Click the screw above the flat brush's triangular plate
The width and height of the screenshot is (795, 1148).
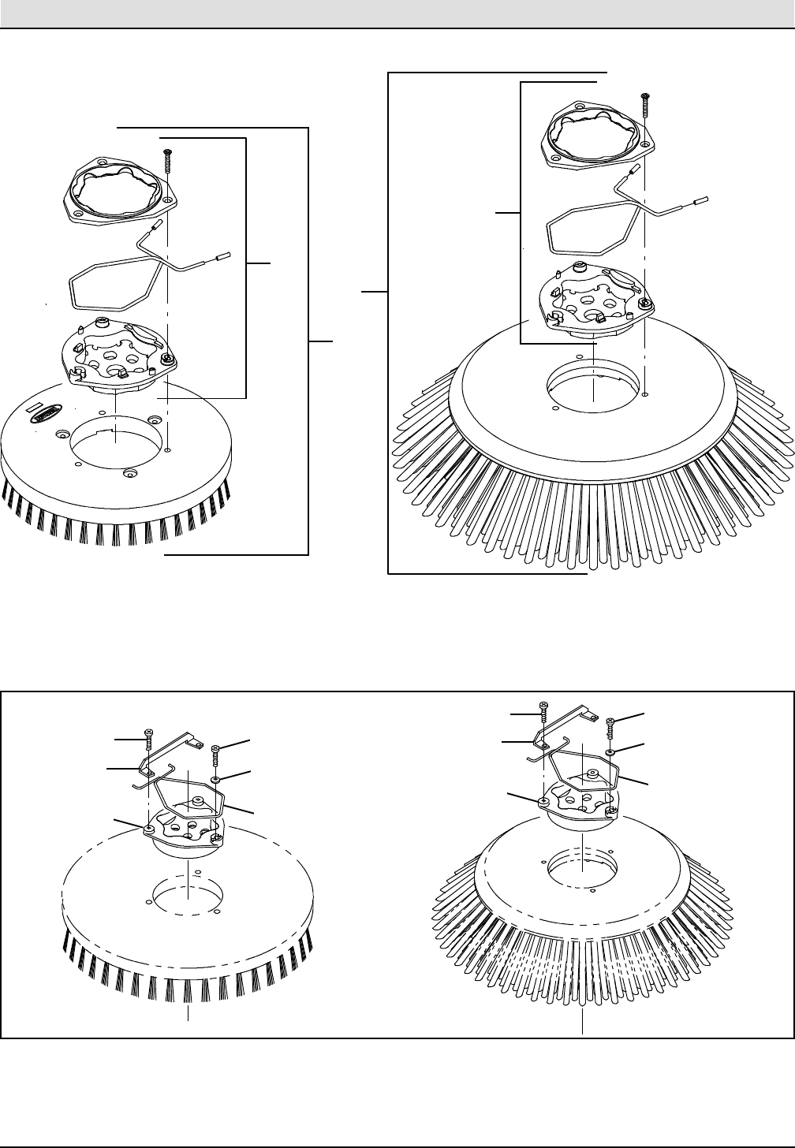(x=167, y=160)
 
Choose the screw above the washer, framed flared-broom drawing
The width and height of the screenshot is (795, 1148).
(x=610, y=725)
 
